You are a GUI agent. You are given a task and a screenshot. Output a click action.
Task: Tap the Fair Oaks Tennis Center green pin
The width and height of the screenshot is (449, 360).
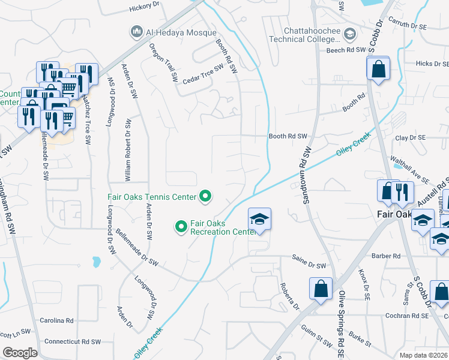point(205,196)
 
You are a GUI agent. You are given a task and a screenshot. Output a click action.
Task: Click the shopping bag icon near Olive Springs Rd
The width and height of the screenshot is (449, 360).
point(321,288)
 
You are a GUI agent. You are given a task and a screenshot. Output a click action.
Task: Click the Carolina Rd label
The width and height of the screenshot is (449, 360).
point(61,321)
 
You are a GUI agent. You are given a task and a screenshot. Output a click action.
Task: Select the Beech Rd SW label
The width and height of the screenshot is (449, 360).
point(346,50)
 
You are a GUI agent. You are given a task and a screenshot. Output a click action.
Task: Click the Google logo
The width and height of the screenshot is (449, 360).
point(20,353)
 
